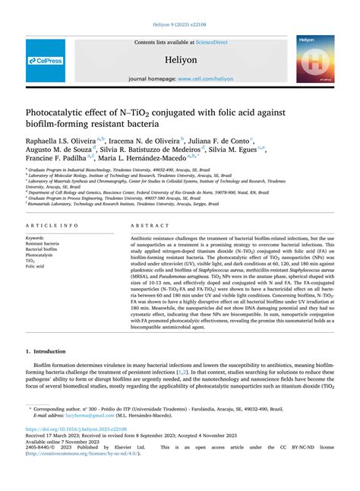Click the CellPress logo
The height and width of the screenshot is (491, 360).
(46, 61)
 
